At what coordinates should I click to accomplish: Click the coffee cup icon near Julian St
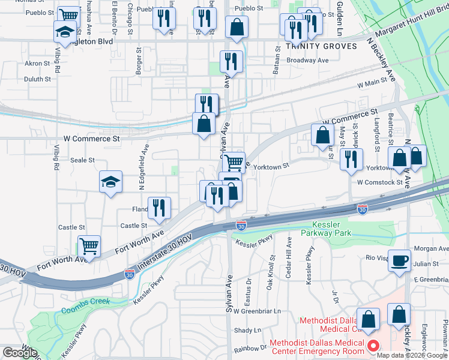click(399, 261)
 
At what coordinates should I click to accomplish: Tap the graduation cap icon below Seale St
click(110, 182)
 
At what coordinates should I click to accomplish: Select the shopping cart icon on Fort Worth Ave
click(89, 245)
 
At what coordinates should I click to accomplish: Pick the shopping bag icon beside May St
click(322, 134)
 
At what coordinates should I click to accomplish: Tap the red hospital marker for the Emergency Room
click(373, 346)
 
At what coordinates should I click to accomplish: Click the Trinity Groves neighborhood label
click(308, 46)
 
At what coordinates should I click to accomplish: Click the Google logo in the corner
click(20, 353)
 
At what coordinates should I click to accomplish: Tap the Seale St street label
click(83, 160)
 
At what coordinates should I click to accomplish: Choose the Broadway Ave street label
click(308, 61)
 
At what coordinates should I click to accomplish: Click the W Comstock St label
click(379, 182)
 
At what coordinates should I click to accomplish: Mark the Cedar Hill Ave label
click(289, 256)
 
